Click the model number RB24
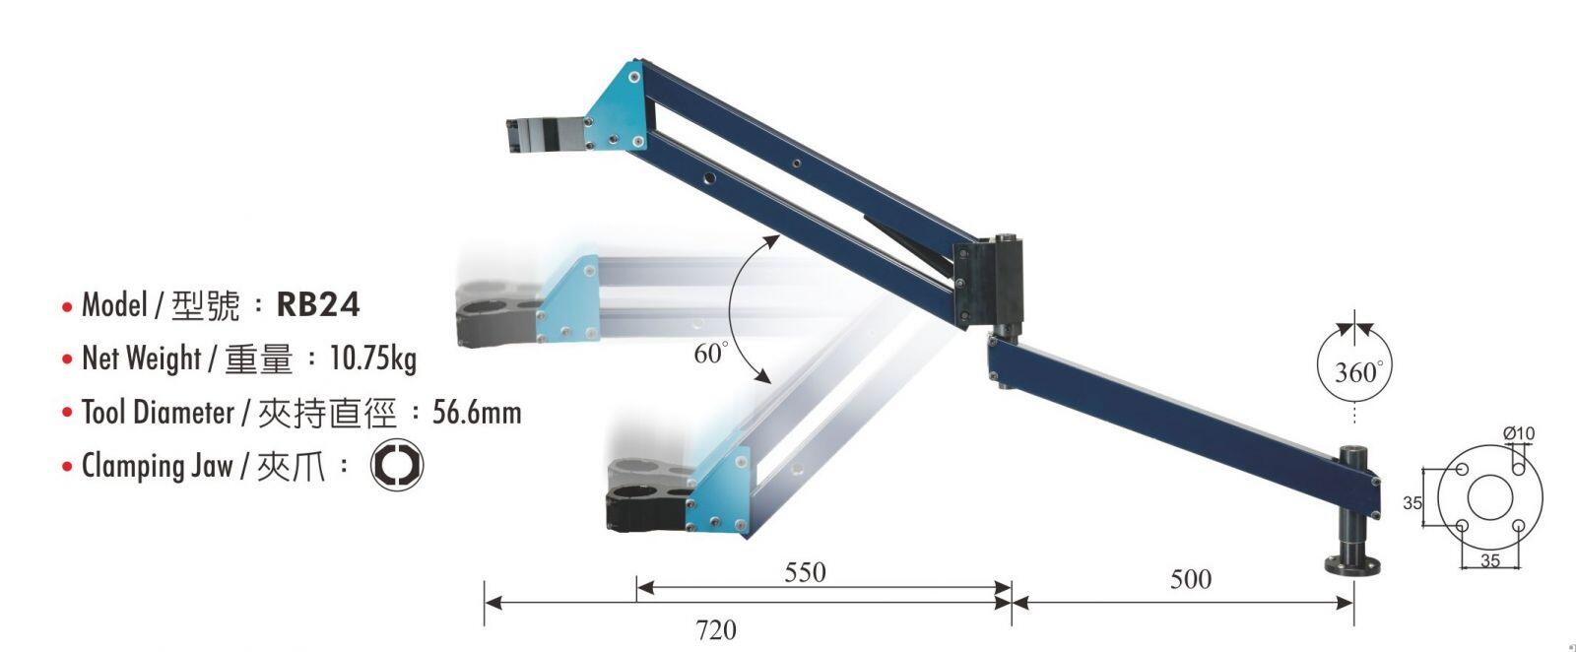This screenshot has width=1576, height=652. coord(318,304)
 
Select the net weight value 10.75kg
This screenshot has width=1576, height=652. coord(373,359)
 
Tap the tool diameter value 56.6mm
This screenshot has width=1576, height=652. coord(477,412)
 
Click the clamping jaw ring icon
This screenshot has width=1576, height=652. coord(397,465)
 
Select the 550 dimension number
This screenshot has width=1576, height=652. coord(805,572)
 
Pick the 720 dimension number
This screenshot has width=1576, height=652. coord(716,629)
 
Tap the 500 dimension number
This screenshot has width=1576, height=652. coord(1191,579)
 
